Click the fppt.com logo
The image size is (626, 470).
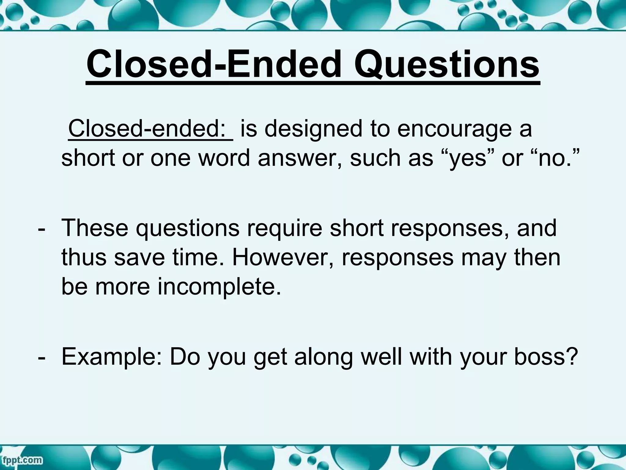click(21, 460)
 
